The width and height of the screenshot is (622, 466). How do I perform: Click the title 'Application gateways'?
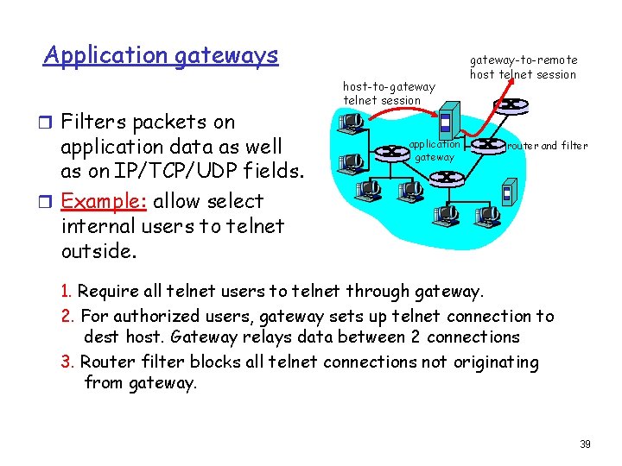(x=162, y=56)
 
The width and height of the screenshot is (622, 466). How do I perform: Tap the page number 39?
(x=585, y=444)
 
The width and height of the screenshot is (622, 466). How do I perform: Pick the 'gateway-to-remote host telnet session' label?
(x=523, y=67)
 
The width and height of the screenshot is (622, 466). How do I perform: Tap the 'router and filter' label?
(x=547, y=146)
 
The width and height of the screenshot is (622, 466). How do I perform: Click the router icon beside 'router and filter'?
(x=489, y=144)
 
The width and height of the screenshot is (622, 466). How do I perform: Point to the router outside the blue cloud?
(x=511, y=105)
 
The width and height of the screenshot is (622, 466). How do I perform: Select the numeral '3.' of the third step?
(x=68, y=362)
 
